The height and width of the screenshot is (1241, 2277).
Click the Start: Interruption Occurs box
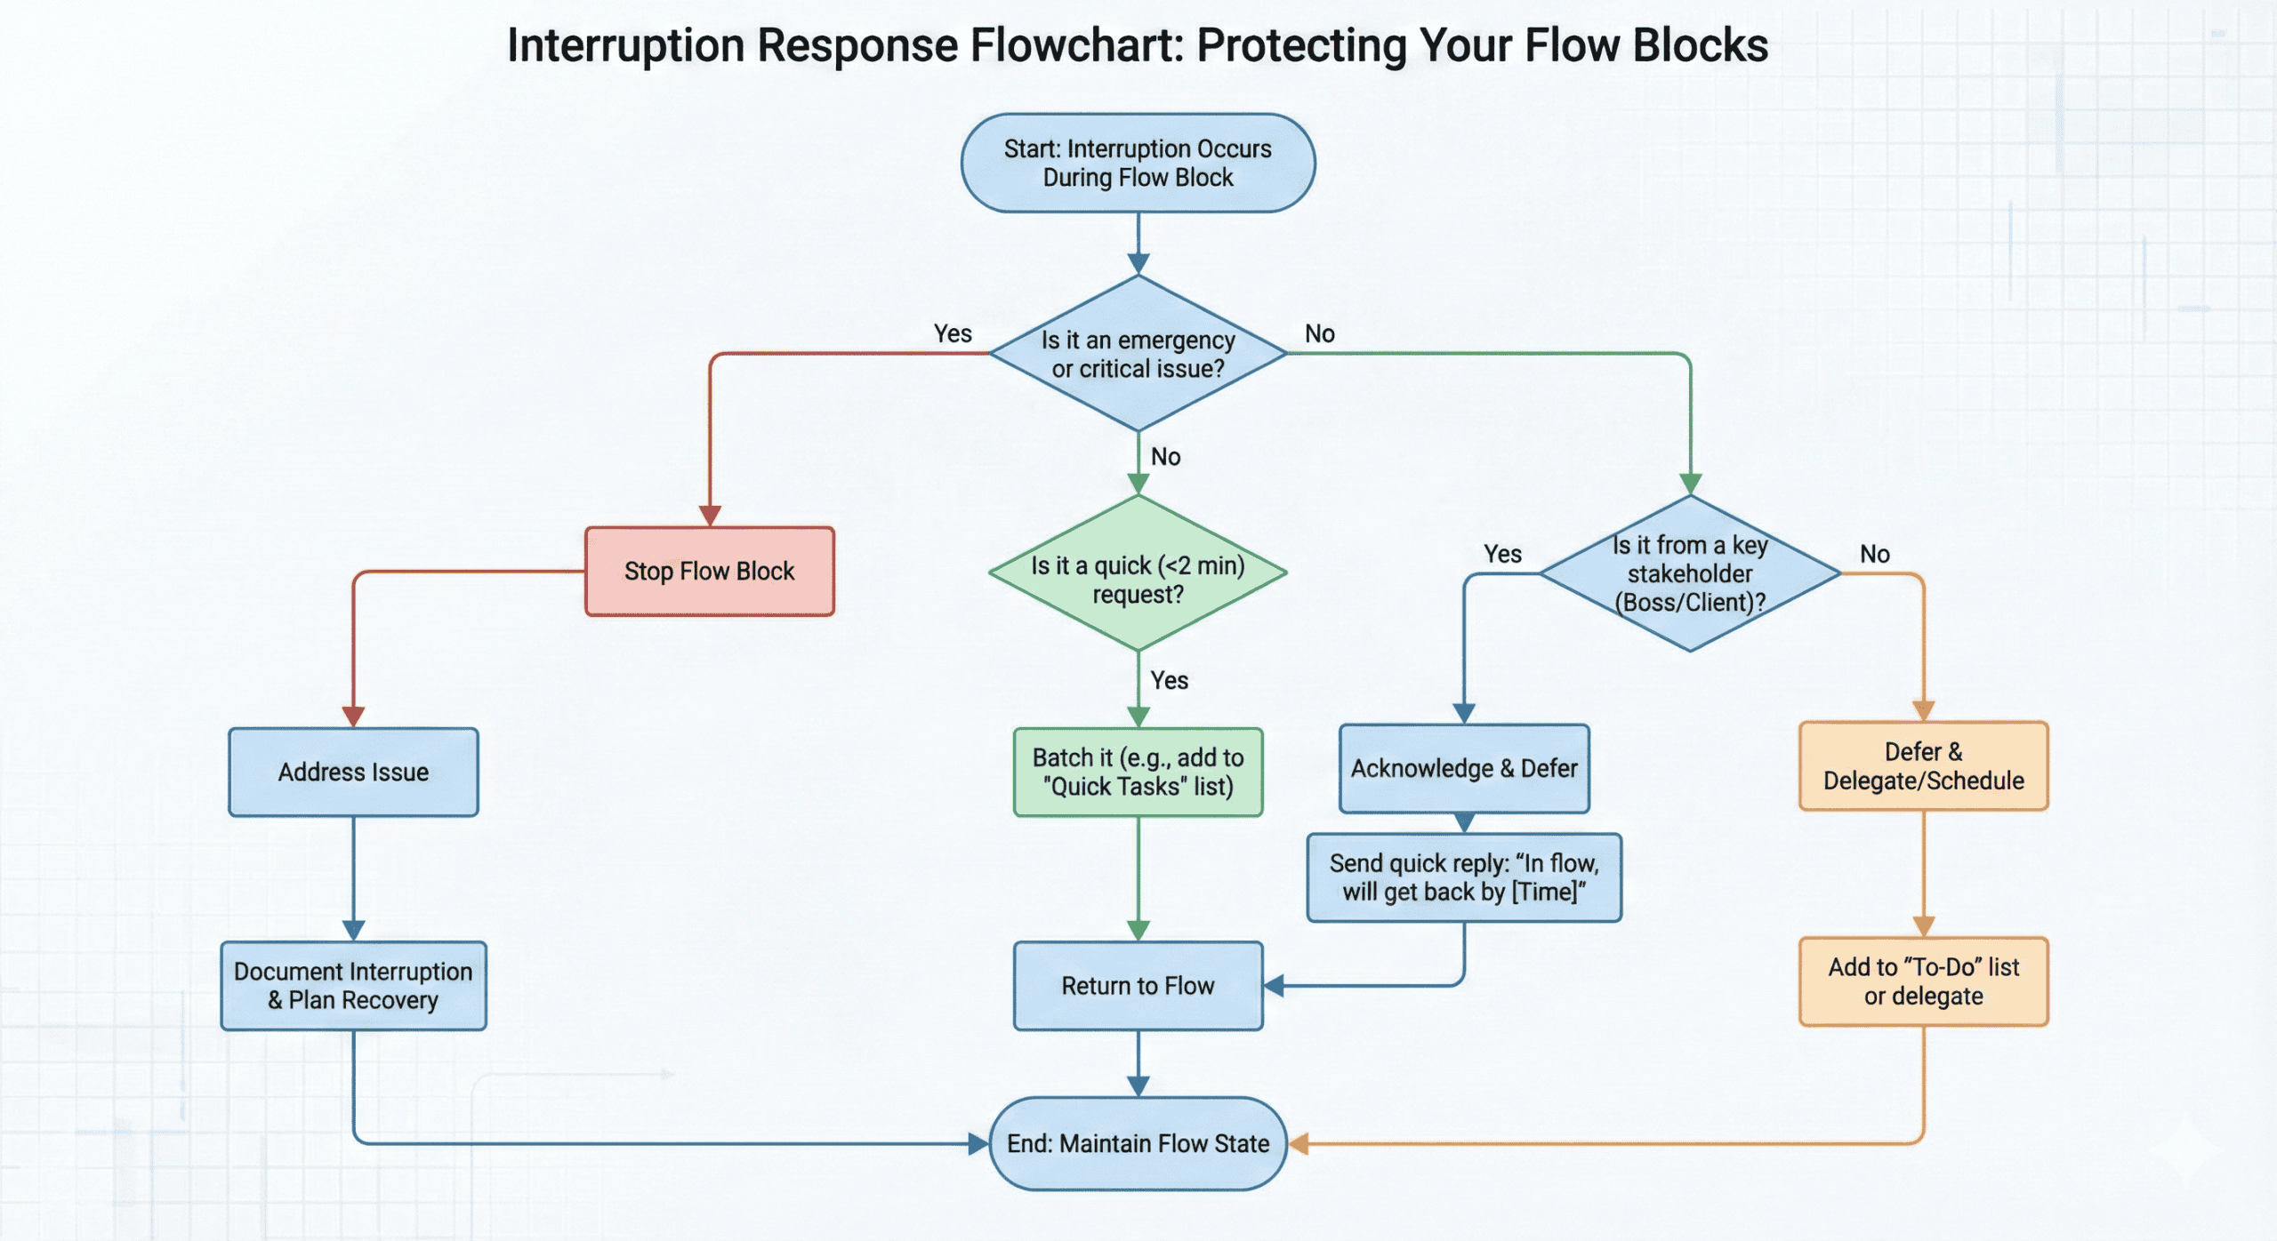(x=1138, y=164)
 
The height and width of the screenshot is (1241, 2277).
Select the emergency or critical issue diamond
(x=1138, y=354)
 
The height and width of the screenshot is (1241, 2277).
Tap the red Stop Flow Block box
(x=709, y=571)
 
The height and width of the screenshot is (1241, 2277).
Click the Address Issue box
(x=353, y=772)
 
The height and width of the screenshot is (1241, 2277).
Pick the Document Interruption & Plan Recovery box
(x=353, y=985)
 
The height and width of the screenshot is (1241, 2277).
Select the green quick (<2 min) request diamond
(x=1138, y=574)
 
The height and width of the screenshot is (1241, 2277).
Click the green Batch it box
(x=1138, y=772)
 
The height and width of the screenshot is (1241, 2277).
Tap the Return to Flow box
(x=1138, y=985)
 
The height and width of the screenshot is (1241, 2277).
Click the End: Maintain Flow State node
(x=1138, y=1143)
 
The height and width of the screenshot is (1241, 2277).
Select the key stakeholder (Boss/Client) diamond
(x=1689, y=573)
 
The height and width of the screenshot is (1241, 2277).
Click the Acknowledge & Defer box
(x=1464, y=768)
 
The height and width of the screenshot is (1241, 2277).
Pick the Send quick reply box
(x=1464, y=877)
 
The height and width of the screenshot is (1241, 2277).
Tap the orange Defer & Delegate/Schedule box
(x=1923, y=766)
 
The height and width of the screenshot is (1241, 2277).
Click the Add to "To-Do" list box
(x=1923, y=981)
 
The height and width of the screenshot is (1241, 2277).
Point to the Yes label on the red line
(x=953, y=333)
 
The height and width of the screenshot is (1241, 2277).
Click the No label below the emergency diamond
(x=1165, y=457)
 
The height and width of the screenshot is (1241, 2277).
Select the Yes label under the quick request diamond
(x=1169, y=680)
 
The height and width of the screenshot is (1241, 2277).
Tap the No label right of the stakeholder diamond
(x=1875, y=554)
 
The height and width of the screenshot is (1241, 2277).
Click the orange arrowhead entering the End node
(x=1299, y=1144)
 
